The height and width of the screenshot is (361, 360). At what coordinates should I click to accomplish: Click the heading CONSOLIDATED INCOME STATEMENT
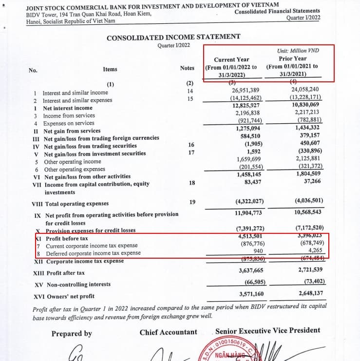[173, 38]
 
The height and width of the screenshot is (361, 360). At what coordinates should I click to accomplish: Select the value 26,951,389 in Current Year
[246, 91]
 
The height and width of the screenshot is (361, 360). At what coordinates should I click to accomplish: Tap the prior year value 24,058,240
[305, 90]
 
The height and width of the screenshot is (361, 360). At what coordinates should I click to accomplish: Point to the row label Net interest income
[67, 108]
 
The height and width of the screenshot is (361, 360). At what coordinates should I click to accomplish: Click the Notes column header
[187, 68]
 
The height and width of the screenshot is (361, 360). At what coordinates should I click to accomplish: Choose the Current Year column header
[231, 59]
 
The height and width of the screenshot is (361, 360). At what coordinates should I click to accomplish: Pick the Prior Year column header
[293, 58]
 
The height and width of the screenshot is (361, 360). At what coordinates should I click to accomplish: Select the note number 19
[192, 202]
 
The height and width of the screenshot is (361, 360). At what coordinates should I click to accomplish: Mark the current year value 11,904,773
[248, 213]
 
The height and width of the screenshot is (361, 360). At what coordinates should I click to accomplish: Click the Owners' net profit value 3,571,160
[251, 294]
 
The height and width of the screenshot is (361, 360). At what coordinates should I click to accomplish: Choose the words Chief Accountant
[169, 332]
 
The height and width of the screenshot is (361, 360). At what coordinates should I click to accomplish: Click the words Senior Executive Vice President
[267, 331]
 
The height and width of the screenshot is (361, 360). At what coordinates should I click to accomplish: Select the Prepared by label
[72, 334]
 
